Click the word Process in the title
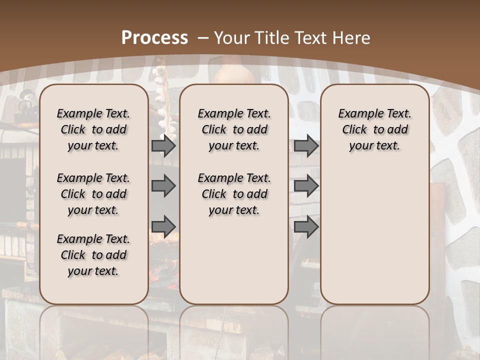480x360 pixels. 154,38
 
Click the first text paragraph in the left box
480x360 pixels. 93,129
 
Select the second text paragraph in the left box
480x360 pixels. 93,194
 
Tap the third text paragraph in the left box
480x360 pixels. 93,255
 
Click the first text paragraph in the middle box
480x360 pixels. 234,129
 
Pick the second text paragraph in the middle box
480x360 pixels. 234,194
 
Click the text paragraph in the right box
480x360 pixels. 374,129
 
